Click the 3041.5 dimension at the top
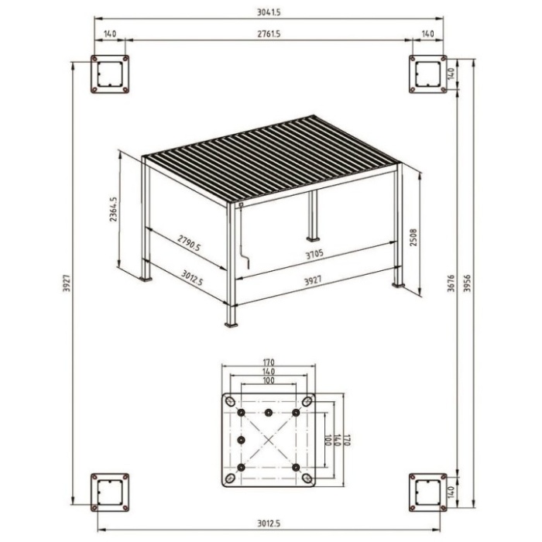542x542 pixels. [269, 12]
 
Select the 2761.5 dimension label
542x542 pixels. [269, 34]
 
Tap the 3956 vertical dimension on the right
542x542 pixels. [467, 283]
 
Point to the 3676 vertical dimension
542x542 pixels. [451, 283]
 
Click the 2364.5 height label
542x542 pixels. [113, 209]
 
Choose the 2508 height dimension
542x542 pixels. [413, 237]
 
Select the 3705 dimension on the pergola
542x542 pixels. [314, 254]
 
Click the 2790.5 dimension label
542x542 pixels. [189, 242]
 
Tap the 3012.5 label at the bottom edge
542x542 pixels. [269, 523]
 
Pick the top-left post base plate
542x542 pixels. [110, 74]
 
